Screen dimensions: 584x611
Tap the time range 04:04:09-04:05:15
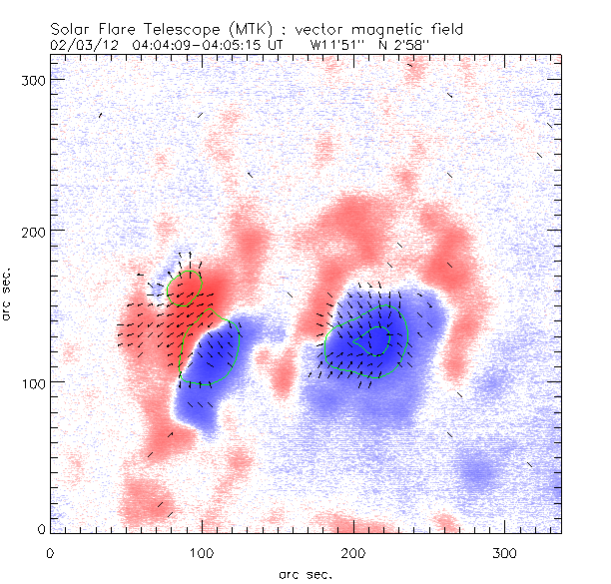[203, 45]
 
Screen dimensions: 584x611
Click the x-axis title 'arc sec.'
[305, 574]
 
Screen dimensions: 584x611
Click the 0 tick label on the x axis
[50, 552]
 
